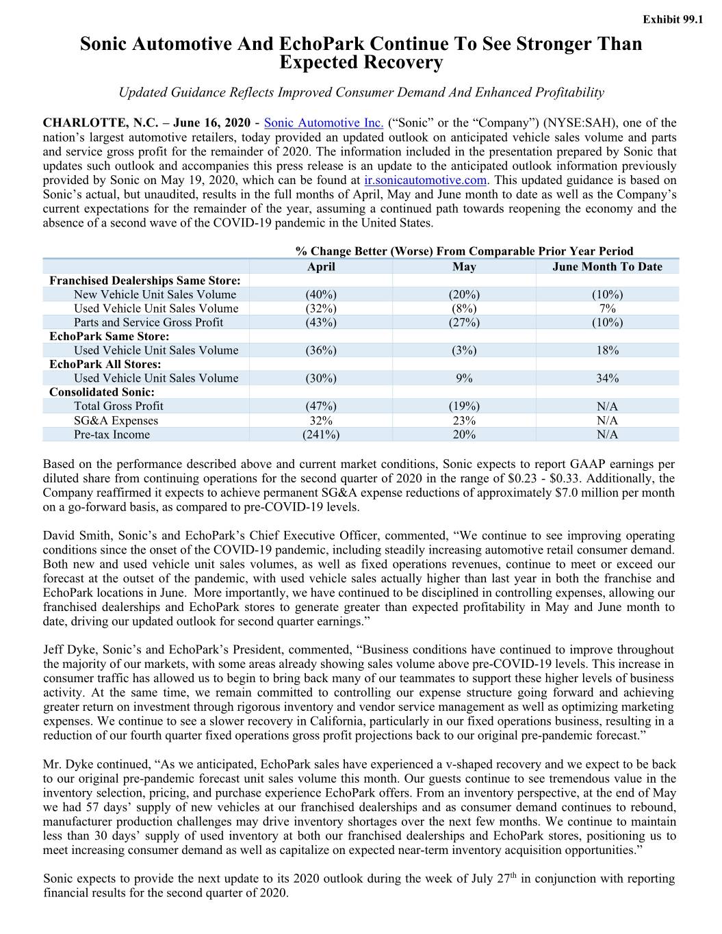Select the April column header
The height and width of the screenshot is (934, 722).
(320, 266)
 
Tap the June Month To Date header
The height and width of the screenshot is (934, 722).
(607, 266)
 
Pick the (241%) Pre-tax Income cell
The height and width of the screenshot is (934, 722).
(320, 434)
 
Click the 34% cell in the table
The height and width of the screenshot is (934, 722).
(607, 378)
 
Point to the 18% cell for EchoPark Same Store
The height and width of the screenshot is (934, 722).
(607, 350)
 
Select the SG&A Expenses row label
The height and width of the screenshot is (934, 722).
(116, 421)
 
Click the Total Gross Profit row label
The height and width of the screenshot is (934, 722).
(118, 406)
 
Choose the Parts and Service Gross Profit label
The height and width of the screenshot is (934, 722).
(149, 322)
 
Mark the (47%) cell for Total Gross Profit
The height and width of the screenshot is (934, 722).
(320, 406)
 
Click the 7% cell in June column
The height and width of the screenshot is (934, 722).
(607, 309)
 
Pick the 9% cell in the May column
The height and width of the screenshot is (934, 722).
(464, 378)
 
